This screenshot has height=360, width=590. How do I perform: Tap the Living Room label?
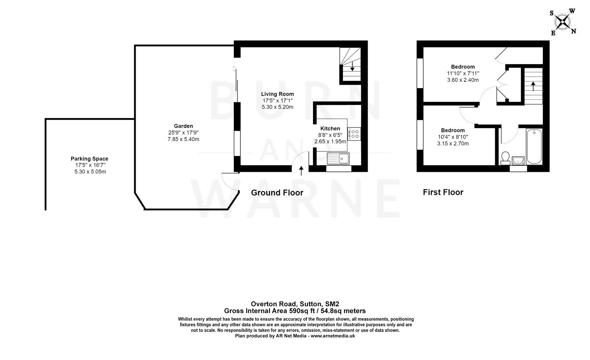(x=277, y=94)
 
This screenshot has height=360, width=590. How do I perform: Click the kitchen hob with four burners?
(x=355, y=133)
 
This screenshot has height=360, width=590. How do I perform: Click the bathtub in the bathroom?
(x=534, y=146)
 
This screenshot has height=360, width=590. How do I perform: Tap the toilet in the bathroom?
(x=505, y=158)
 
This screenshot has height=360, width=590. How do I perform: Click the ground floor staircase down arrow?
(x=352, y=67)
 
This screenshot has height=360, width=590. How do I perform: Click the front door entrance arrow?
(x=301, y=171)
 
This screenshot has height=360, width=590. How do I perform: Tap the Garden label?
(x=183, y=126)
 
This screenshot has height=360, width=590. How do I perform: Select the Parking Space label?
(x=90, y=159)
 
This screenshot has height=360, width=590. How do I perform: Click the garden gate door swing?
(x=229, y=182)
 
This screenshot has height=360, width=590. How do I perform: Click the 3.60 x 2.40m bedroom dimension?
(x=463, y=80)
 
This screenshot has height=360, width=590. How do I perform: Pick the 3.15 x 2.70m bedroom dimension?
(x=453, y=144)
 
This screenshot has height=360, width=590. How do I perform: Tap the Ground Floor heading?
(x=277, y=193)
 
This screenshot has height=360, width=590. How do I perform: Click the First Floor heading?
(x=443, y=192)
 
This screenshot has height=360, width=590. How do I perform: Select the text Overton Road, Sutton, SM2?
(x=295, y=304)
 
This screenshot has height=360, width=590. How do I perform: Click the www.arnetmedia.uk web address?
(x=333, y=336)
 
